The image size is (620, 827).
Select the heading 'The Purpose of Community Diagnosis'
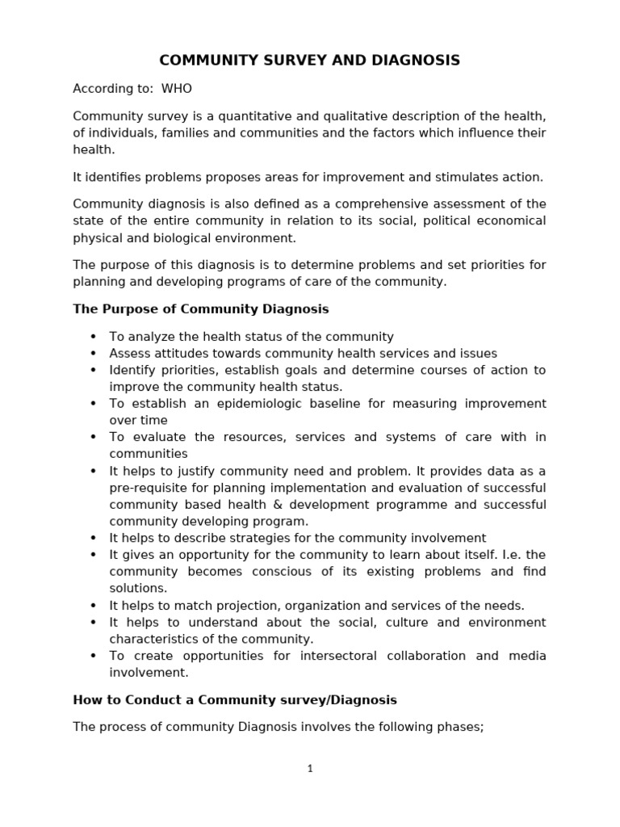coord(201,309)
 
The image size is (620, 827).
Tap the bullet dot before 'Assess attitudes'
coord(93,354)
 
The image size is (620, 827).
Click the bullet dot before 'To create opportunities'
coord(93,656)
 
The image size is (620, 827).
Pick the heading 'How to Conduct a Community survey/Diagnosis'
coord(235,699)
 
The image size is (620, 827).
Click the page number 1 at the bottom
coord(310,769)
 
